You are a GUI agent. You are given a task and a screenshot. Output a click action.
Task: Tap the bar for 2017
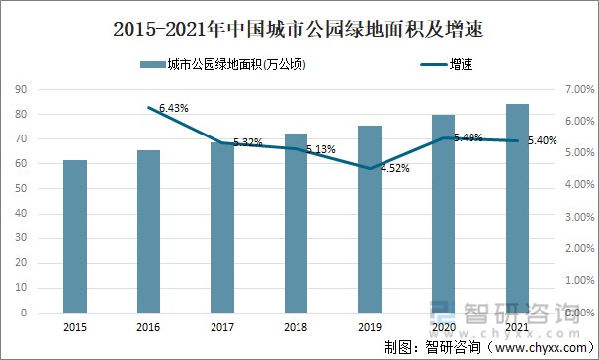click(x=222, y=227)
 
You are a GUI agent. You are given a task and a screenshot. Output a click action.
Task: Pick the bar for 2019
click(x=370, y=219)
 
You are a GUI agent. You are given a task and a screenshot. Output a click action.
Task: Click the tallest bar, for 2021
click(x=517, y=208)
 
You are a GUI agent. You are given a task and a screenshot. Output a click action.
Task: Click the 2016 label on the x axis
click(x=148, y=326)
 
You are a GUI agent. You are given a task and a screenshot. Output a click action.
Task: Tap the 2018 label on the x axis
click(x=296, y=326)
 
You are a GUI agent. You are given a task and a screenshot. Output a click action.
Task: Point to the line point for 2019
click(x=370, y=168)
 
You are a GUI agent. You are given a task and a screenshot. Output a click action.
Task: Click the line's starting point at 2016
click(x=148, y=107)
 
